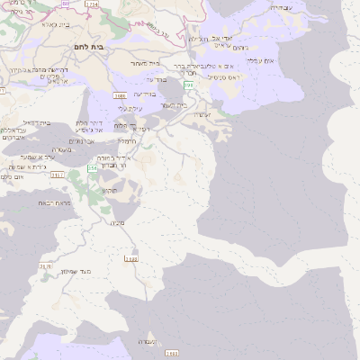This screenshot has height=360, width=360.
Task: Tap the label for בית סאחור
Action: tap(145, 63)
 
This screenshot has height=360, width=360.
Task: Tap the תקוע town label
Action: tap(110, 190)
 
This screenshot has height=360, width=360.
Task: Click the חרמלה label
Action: tap(126, 139)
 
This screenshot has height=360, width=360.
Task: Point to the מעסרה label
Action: tap(62, 149)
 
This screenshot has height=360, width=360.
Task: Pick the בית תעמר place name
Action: tap(175, 105)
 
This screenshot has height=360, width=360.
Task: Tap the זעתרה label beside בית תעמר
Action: tap(202, 114)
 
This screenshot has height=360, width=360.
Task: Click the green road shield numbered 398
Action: tap(188, 84)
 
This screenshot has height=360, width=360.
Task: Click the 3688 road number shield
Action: tap(120, 94)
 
